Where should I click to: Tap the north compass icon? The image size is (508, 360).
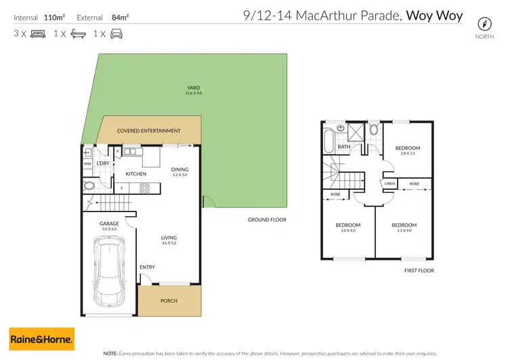(484, 22)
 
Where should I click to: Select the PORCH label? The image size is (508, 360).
(169, 300)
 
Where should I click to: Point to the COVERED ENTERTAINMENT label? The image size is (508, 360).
(148, 131)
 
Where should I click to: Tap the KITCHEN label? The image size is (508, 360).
(136, 174)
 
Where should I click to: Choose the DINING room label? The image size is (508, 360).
(179, 169)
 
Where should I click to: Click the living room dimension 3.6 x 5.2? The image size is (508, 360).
(169, 243)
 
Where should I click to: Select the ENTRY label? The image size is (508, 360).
(147, 267)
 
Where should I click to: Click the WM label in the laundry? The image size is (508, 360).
(87, 164)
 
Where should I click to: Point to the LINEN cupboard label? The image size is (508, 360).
(389, 184)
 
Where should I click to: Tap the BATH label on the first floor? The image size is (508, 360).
(344, 146)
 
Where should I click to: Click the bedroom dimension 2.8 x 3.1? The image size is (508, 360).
(408, 154)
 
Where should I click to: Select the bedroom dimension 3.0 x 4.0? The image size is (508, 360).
(348, 231)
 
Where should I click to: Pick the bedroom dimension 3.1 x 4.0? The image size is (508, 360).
(404, 231)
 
